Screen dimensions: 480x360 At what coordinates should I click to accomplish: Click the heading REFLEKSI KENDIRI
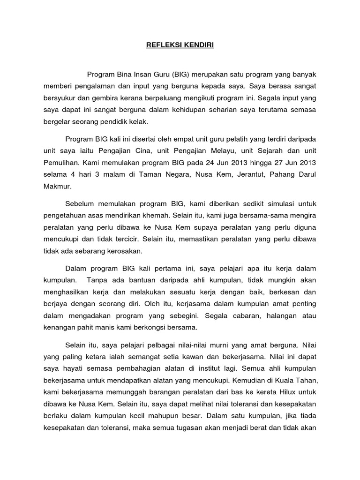(180, 46)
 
